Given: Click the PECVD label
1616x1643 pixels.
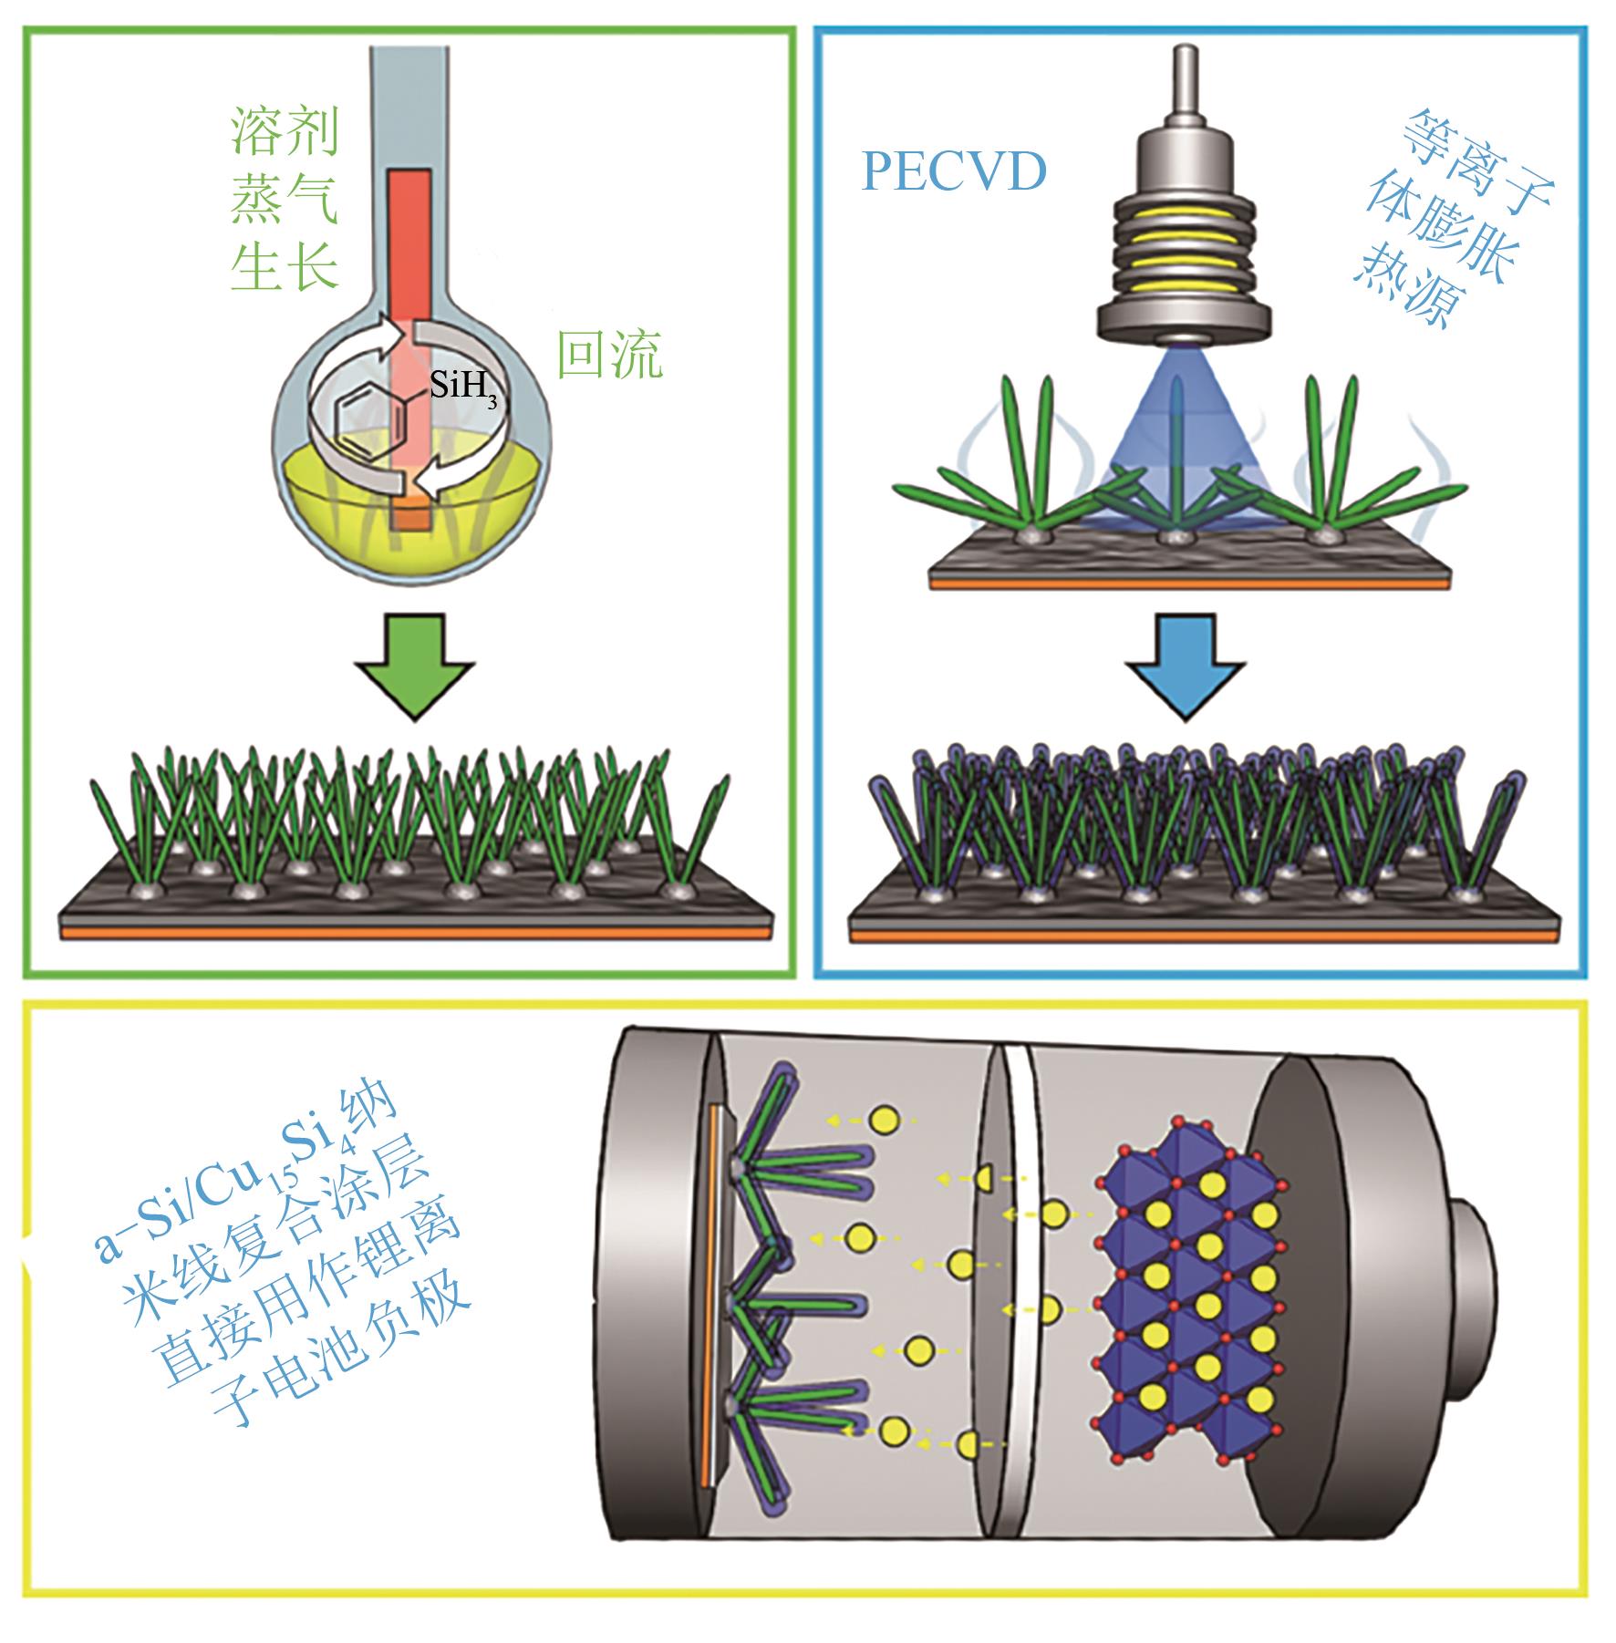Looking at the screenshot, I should point(953,172).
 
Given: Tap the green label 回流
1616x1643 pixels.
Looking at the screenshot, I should point(609,356).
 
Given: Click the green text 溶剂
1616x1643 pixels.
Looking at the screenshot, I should point(285,133).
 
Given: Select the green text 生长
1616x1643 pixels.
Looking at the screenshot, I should point(285,267).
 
